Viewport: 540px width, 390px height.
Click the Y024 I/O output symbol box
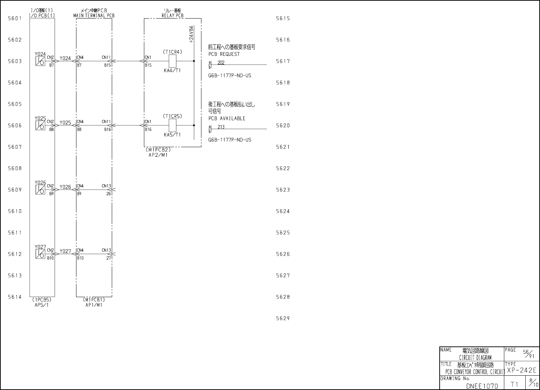pos(40,61)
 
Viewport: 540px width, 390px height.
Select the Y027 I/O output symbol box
pos(40,254)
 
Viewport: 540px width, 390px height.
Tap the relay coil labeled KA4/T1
pos(172,61)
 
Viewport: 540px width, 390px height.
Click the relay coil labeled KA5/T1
pos(172,125)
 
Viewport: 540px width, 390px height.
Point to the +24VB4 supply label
pos(191,34)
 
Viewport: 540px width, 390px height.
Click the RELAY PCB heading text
pos(172,16)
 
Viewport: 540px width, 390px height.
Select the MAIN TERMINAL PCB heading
pos(94,16)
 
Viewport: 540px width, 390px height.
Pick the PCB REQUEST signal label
pos(224,54)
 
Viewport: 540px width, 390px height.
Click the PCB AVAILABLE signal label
pos(227,119)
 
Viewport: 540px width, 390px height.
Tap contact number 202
pos(221,63)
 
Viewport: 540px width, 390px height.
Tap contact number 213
pos(221,127)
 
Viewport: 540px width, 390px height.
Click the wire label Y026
pos(65,187)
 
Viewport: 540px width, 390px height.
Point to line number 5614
pos(15,297)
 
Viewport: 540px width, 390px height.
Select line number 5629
pos(283,318)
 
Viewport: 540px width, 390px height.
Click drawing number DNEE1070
pos(482,386)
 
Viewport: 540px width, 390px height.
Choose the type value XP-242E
pos(521,370)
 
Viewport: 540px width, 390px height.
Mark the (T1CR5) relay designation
pos(172,116)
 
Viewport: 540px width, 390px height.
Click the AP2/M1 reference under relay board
pos(158,155)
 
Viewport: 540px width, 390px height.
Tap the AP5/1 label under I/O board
pos(42,305)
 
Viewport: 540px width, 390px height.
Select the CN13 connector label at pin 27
pos(106,250)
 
